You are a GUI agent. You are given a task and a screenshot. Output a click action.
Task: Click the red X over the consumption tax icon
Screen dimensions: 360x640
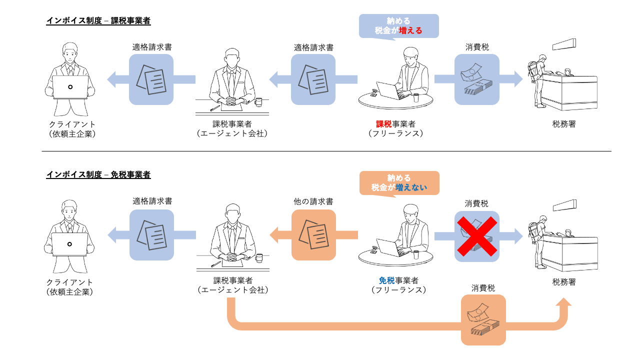tap(476, 236)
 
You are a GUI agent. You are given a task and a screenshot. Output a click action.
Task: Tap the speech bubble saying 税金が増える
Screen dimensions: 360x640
tap(398, 25)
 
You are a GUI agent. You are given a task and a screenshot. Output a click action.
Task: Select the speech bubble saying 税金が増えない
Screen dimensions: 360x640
tap(398, 183)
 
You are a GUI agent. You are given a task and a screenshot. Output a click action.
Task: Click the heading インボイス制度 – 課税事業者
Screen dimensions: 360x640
tap(98, 21)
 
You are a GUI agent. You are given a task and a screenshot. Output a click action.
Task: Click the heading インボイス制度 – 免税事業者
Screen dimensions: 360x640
tap(98, 175)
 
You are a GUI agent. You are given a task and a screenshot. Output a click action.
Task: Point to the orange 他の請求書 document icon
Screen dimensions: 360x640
tap(313, 234)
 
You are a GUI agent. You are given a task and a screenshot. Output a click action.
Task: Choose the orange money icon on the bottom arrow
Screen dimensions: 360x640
tap(483, 320)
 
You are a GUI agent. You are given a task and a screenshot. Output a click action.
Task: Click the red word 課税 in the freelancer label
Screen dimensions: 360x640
tap(384, 124)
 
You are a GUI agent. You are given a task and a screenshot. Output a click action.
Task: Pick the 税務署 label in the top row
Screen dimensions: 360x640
tap(564, 124)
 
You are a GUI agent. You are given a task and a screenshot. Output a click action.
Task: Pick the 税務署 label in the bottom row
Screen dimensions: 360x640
tap(564, 282)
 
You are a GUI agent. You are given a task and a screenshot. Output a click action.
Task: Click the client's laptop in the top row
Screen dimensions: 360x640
tap(70, 87)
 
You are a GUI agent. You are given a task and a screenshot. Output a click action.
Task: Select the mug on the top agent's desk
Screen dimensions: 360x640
tap(258, 102)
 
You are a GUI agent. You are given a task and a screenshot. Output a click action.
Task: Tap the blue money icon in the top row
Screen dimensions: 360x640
tap(476, 79)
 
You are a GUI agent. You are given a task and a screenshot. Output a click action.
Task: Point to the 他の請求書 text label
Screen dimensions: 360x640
tap(313, 201)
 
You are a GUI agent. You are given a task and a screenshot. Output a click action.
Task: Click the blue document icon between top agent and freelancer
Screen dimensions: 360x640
tap(313, 79)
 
